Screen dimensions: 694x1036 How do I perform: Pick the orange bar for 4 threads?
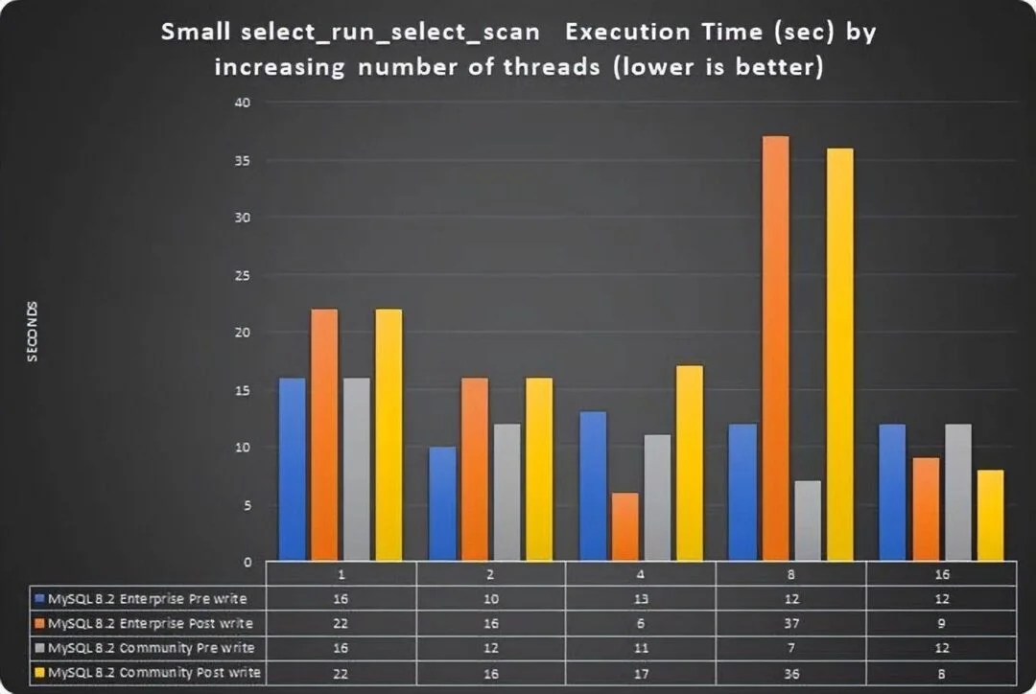tap(625, 526)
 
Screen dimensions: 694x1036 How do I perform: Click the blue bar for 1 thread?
tap(292, 469)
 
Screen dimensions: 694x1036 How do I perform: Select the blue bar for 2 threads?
tap(442, 503)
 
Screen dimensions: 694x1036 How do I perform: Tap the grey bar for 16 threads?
tap(958, 492)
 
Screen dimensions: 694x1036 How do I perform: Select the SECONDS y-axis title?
tap(33, 332)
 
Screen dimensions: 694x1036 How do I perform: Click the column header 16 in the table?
tap(941, 573)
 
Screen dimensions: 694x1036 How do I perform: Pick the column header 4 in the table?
tap(641, 573)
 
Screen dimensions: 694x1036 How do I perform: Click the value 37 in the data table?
tap(791, 623)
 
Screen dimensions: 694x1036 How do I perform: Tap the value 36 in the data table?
tap(791, 672)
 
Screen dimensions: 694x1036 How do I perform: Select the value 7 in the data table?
tap(791, 647)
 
